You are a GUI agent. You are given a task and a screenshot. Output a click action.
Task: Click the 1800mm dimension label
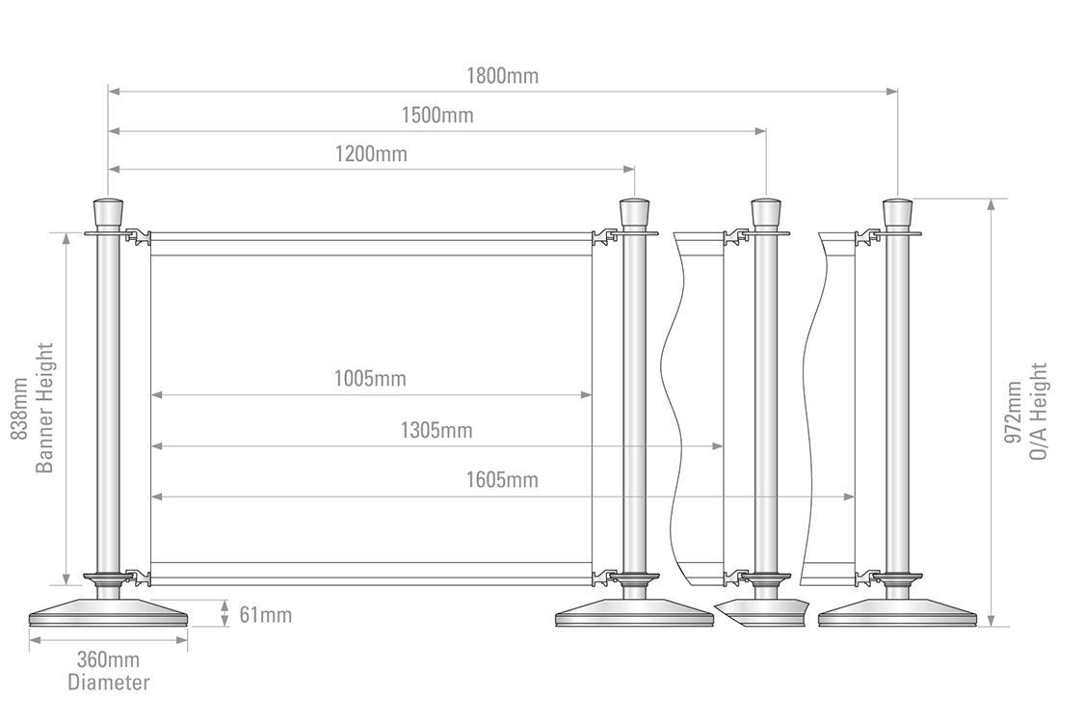coord(503,75)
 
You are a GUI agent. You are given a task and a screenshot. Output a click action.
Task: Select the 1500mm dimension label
coord(437,115)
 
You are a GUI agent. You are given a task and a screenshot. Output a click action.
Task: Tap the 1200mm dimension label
coord(371,153)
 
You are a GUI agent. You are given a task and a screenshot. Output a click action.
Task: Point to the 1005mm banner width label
coord(371,379)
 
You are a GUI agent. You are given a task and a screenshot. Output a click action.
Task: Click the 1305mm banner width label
coord(436,430)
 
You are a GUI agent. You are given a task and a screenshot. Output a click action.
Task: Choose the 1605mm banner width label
coord(502,479)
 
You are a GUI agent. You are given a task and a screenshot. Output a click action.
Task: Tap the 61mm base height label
coord(266,614)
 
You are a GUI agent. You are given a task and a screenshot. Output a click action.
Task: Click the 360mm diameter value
coord(108,659)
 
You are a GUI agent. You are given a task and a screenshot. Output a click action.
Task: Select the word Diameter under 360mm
coord(109,683)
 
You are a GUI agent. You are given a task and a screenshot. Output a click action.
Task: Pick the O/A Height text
coord(1039,412)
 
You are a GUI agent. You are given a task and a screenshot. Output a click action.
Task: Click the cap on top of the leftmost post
coord(108,212)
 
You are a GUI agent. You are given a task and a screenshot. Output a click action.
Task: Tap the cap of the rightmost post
coord(897,212)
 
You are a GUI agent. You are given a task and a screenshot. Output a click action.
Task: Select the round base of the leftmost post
coord(109,613)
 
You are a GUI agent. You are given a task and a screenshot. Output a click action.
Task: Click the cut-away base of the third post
coord(762,613)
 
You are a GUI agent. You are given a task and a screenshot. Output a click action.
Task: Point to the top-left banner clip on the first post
coord(138,236)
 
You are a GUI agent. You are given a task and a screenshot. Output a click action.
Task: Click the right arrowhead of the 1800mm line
coord(892,91)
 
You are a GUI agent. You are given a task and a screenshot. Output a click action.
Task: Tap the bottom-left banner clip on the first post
coord(138,577)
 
